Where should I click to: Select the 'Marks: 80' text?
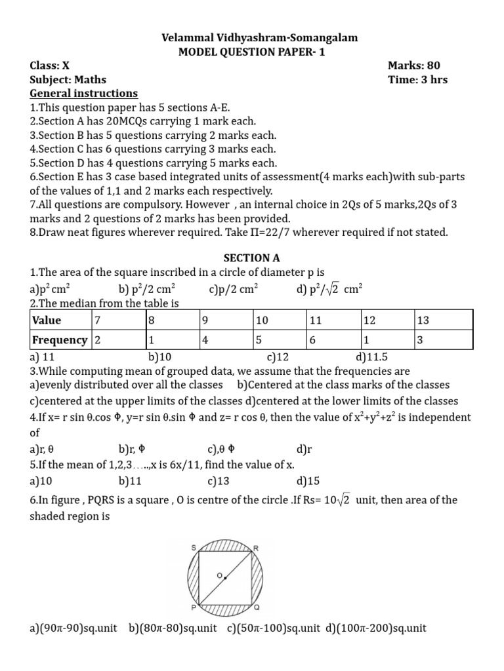413,66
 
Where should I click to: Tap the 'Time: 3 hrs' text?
417,80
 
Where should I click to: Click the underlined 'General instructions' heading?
84,94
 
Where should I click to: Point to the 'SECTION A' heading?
251,258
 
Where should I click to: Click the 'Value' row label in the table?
47,320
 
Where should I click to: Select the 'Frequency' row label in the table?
60,340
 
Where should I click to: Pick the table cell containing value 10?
262,320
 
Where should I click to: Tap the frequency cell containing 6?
313,340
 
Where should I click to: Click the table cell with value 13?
423,320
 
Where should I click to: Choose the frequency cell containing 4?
205,340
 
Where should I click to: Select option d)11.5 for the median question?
372,358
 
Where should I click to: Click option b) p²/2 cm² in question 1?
147,288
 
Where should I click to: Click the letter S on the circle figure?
194,546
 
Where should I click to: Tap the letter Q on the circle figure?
257,607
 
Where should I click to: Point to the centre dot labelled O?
225,579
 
